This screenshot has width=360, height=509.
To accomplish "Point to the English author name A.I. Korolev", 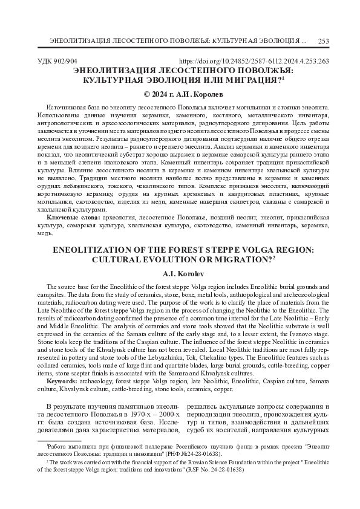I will coord(180,273).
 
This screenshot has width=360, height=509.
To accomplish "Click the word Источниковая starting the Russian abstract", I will coord(68,106).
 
